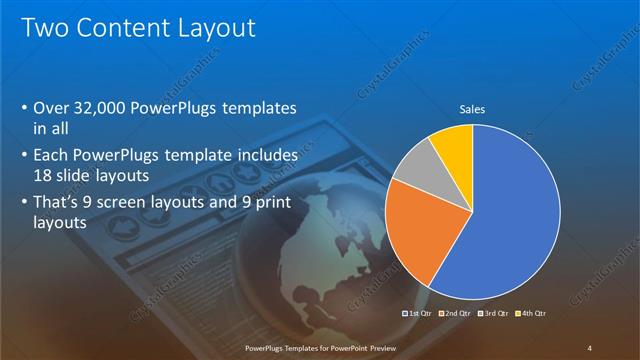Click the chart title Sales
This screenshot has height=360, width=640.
coord(472,110)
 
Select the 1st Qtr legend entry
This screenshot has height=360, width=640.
coord(418,313)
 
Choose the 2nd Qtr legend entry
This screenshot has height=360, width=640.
coord(456,313)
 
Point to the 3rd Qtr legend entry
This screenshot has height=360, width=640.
coord(494,313)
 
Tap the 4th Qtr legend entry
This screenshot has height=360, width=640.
coord(531,313)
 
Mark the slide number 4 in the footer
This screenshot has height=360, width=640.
coord(590,347)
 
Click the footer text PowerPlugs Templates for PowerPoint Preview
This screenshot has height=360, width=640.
coord(319,347)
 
